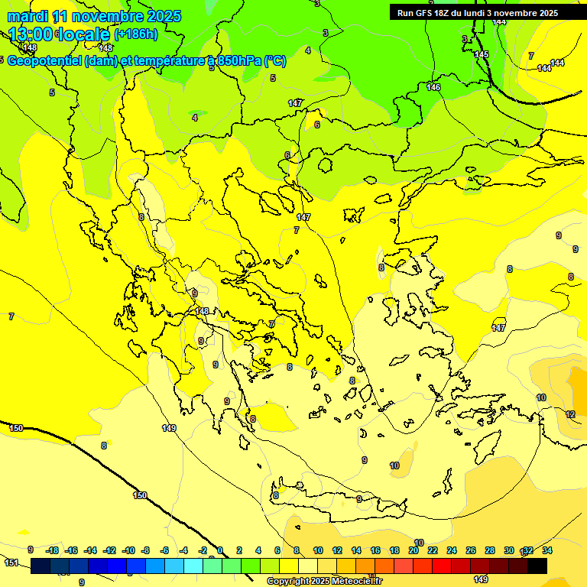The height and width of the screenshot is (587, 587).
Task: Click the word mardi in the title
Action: (28, 16)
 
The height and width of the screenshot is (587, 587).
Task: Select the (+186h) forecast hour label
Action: (136, 34)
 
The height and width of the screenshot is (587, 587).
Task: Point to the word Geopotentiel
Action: (44, 61)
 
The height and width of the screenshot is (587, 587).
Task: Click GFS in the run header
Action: (426, 13)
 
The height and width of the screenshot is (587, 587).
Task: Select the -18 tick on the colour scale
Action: (53, 550)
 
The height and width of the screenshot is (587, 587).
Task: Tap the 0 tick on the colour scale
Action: (220, 550)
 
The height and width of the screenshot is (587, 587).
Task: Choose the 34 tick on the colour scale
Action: (547, 550)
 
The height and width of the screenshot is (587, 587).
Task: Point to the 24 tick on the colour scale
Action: (452, 550)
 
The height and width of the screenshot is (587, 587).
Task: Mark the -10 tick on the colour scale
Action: (128, 550)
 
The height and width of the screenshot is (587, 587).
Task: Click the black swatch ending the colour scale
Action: (537, 566)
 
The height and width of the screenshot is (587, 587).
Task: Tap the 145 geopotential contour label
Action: (482, 55)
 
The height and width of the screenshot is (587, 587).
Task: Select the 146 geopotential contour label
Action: (433, 88)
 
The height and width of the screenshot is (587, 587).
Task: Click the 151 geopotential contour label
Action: (11, 563)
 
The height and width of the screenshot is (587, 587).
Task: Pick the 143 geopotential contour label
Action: (105, 48)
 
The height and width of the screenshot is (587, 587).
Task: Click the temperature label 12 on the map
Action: (570, 414)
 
